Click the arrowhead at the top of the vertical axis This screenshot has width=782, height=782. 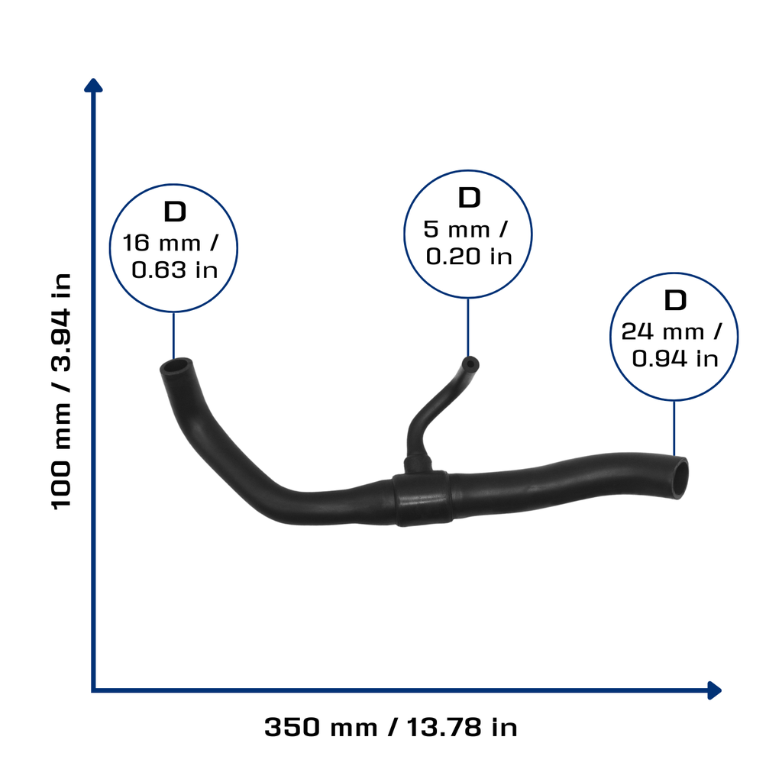[93, 86]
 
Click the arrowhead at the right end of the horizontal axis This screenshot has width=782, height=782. [715, 690]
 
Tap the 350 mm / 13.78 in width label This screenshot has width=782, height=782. [390, 727]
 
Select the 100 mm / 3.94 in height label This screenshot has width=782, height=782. [61, 391]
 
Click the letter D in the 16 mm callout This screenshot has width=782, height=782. [175, 212]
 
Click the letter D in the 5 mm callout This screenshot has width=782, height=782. [469, 198]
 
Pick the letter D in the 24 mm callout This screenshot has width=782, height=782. [675, 300]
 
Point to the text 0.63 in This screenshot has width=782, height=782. [175, 270]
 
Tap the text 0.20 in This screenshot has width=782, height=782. [469, 257]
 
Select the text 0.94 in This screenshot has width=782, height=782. [675, 359]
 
